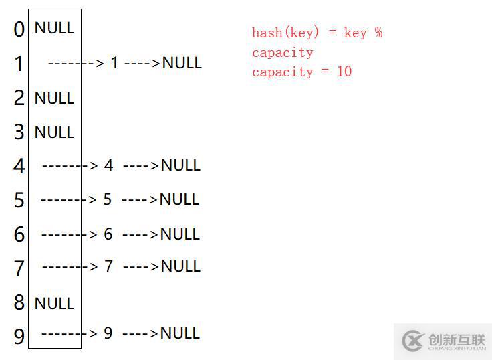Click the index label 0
(x=19, y=29)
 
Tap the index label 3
(x=19, y=132)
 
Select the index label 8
(x=19, y=303)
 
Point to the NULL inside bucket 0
(x=54, y=28)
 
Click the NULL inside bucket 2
(x=54, y=98)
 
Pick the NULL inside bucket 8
(x=54, y=304)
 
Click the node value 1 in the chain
(x=114, y=63)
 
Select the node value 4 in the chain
(x=109, y=165)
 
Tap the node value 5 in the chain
(x=108, y=199)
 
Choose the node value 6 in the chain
(x=108, y=234)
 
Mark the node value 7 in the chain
(x=109, y=266)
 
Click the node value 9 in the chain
(x=108, y=333)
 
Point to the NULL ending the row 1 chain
(x=182, y=63)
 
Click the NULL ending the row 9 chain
(x=180, y=333)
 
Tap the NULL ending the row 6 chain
(x=180, y=234)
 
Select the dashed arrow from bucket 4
(x=70, y=165)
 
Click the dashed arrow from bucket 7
(x=70, y=267)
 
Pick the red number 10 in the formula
(x=344, y=72)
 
